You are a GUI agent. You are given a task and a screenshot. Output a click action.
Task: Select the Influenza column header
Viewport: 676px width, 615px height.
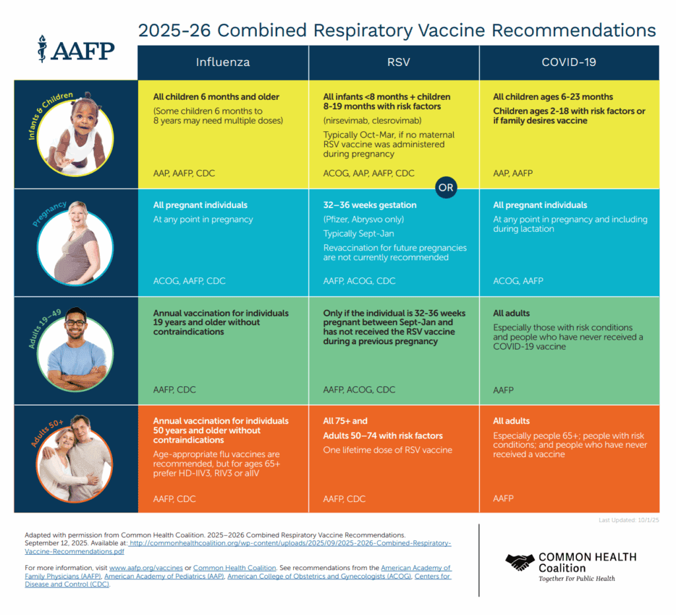[x=222, y=63]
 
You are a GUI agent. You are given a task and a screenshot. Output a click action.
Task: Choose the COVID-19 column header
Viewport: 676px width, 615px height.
[x=568, y=63]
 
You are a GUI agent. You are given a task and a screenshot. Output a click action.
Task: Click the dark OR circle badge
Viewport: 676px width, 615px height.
[x=446, y=188]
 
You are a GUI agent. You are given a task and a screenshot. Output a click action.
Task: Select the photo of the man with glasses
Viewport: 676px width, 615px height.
[x=76, y=349]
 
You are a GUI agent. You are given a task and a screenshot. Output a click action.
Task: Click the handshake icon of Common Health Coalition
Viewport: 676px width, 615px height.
[x=520, y=562]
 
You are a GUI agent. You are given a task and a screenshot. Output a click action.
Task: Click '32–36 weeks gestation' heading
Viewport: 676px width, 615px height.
[x=370, y=205]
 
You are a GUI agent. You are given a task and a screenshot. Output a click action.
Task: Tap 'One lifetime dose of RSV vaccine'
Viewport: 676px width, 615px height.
[x=388, y=451]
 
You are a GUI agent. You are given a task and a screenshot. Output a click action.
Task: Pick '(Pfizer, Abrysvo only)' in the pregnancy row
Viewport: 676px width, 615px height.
[x=363, y=219]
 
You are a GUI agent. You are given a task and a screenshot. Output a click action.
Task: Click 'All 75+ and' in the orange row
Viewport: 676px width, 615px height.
[x=345, y=421]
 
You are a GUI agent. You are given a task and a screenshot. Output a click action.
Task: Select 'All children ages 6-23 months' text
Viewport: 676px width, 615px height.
[x=553, y=97]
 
